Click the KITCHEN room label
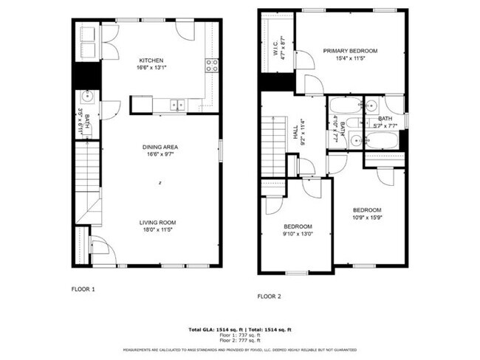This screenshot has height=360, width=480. tap(151, 60)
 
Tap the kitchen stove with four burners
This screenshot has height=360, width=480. tap(211, 65)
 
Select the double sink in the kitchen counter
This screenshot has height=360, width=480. tap(177, 105)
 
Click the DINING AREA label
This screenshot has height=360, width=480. tap(160, 147)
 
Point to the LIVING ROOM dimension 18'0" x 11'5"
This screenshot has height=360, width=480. tap(159, 230)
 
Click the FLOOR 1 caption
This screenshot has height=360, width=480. tap(83, 289)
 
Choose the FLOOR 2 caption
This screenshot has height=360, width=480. tap(270, 296)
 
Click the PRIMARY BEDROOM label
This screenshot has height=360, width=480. tap(350, 51)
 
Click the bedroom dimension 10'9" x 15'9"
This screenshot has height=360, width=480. tap(366, 218)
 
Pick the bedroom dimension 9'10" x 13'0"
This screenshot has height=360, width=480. tap(298, 235)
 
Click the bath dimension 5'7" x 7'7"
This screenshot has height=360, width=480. tap(385, 126)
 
